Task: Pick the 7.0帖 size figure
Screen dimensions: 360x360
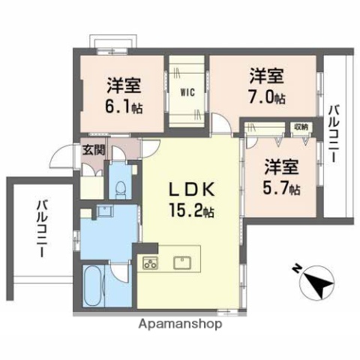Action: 267,97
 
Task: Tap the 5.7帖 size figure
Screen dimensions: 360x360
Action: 283,188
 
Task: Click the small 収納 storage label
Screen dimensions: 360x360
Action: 300,127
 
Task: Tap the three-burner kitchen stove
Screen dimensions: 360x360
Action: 151,262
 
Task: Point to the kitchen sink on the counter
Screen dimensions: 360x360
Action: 182,262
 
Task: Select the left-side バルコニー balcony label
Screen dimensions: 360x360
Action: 40,229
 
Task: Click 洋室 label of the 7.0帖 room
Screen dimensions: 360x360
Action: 266,75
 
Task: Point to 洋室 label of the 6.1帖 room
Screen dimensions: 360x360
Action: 123,85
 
